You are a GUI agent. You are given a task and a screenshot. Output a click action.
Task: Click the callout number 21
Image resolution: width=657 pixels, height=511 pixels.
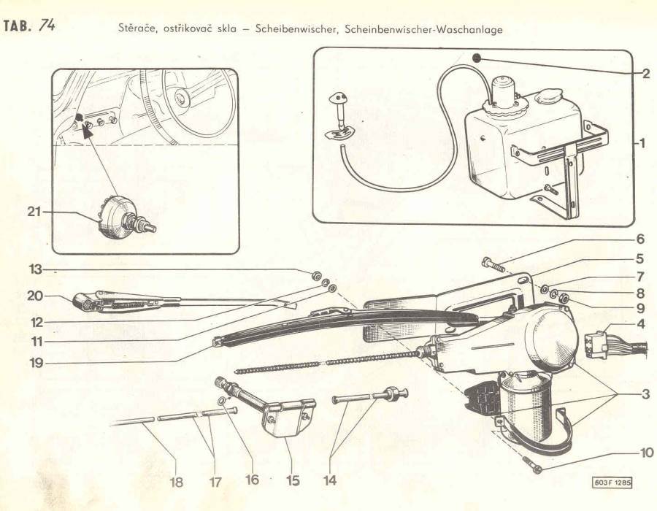pos(34,212)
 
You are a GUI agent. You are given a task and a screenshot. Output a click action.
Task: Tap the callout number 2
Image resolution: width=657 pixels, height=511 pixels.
pos(646,74)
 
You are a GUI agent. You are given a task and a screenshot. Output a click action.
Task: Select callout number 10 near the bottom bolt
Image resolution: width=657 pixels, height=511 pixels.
pos(647,453)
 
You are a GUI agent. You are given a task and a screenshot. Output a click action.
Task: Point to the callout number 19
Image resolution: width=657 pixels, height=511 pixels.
pos(36,363)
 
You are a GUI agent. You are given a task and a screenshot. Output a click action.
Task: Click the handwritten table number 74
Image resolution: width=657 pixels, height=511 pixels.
pos(47,26)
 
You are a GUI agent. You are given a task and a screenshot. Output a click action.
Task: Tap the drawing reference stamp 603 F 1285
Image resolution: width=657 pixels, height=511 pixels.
pos(612,483)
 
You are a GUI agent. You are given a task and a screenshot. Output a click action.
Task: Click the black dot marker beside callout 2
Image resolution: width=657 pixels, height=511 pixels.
pos(477,58)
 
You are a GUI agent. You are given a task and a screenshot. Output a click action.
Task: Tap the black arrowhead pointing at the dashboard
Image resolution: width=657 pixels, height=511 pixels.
pos(88,131)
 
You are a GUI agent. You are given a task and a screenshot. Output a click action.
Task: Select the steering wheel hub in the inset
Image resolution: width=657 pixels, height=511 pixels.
pos(182,99)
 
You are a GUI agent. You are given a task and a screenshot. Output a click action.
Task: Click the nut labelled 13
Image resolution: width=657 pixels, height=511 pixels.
pos(317,276)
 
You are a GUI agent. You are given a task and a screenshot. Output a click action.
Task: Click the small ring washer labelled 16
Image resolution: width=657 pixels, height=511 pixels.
pos(222,401)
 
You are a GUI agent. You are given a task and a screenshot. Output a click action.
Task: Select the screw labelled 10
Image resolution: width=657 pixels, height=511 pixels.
pos(532,465)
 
